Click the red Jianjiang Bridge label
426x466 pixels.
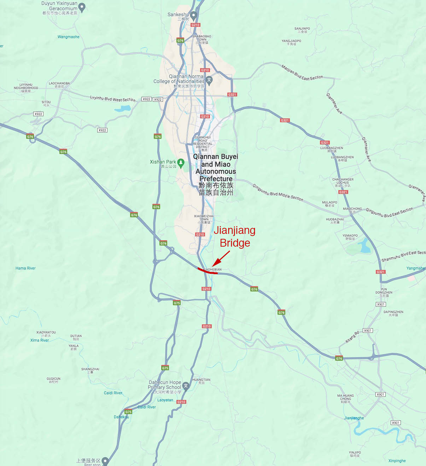[234, 236]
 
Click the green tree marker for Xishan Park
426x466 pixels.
[181, 163]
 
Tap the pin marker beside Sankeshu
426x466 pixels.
[193, 15]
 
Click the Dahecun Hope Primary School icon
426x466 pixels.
[186, 385]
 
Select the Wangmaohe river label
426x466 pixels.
[69, 37]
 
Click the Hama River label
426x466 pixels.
[25, 268]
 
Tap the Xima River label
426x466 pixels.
[40, 340]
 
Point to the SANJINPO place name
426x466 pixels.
[302, 29]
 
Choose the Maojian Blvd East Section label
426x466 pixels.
[302, 73]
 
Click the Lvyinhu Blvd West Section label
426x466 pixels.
[112, 99]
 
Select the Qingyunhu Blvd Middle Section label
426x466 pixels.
[278, 193]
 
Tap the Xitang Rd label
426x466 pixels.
[352, 337]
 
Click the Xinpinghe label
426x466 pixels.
[397, 461]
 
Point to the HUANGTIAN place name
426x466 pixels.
[201, 380]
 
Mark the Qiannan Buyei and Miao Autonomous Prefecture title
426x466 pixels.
[216, 167]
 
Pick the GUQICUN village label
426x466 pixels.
[53, 379]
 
